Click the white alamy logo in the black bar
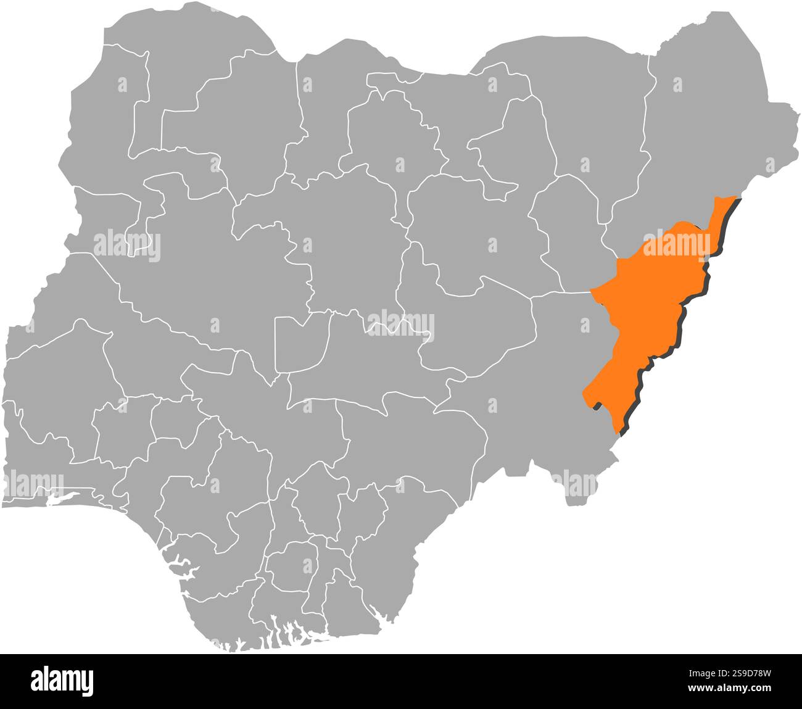pyautogui.click(x=62, y=681)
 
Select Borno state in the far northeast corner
pyautogui.click(x=709, y=123)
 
